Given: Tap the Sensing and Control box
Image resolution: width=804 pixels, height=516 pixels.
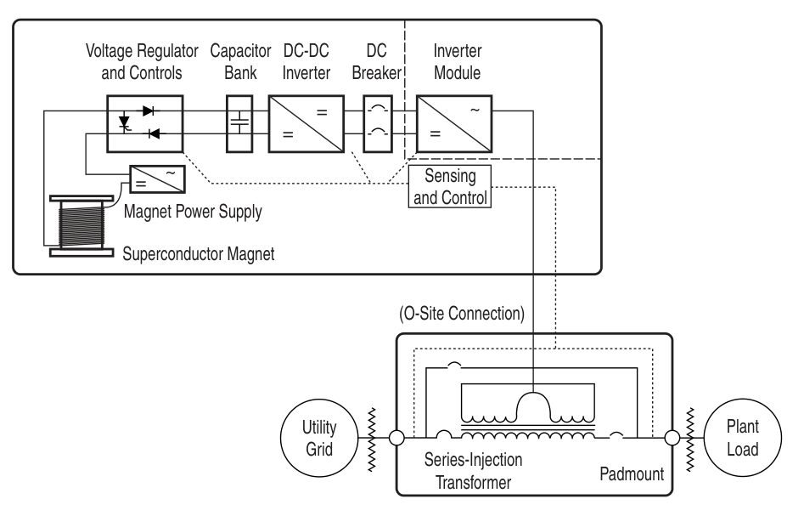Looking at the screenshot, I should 451,184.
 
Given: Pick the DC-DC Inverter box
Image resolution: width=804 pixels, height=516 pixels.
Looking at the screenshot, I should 306,123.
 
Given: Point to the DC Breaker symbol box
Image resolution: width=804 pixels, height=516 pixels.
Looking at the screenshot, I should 376,123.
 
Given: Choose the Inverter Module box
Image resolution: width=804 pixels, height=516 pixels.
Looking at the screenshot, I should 454,123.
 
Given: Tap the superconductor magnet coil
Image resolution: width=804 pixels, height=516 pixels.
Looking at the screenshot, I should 78,224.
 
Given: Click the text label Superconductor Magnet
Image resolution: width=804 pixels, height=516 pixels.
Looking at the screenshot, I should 200,252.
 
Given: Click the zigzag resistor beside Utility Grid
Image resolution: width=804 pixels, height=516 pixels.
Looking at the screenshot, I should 372,439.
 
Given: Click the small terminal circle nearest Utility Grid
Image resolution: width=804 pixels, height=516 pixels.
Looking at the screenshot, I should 396,439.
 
